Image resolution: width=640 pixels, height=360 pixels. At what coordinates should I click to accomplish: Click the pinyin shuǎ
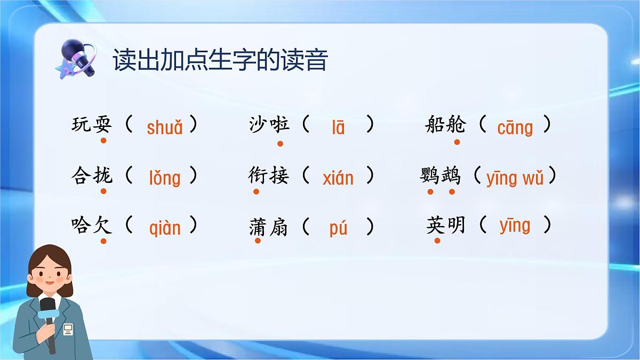click(164, 127)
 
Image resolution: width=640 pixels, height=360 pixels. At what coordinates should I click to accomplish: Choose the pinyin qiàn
click(164, 228)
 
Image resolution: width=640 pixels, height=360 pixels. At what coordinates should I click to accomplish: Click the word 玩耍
click(92, 125)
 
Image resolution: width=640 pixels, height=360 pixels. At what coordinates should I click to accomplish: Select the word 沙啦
click(269, 125)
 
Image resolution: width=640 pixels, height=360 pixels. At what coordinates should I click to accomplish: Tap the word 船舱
click(445, 125)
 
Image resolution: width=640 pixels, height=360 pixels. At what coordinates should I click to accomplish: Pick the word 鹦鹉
click(441, 175)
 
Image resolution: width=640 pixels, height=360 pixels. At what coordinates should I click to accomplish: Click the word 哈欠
click(92, 226)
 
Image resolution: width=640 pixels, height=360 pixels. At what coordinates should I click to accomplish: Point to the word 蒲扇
click(269, 227)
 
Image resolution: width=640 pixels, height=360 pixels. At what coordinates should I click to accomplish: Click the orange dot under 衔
click(257, 191)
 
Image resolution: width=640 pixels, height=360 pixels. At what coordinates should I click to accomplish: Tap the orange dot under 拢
click(103, 191)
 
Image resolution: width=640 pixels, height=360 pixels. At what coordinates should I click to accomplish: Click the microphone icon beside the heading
click(77, 59)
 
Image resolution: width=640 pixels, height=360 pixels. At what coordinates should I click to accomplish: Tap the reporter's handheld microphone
click(49, 315)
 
